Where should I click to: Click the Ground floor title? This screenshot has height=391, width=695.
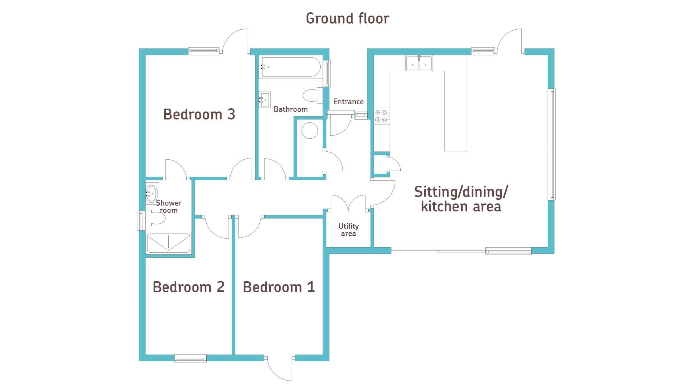point(347,18)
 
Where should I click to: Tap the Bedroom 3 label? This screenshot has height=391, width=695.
point(199,114)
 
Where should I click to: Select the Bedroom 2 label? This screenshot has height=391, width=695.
point(189,287)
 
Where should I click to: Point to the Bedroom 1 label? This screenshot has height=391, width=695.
point(279,287)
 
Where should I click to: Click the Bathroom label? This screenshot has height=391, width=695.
point(291,109)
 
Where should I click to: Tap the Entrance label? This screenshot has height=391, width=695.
point(348,102)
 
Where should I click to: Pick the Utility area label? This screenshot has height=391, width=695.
point(349,230)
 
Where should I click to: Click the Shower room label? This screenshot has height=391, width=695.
point(169,207)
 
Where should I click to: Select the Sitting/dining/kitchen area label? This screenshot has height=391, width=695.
point(461,199)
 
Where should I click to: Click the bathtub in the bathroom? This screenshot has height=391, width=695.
point(290,67)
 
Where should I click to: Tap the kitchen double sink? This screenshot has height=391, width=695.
point(419,63)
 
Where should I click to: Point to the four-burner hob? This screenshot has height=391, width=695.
point(382,116)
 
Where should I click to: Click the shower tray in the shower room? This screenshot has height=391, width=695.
point(168,243)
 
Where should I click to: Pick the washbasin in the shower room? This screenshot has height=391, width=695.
point(152,194)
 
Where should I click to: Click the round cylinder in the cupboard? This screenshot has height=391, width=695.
point(310,130)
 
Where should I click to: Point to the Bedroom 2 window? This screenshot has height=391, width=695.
point(190,358)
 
